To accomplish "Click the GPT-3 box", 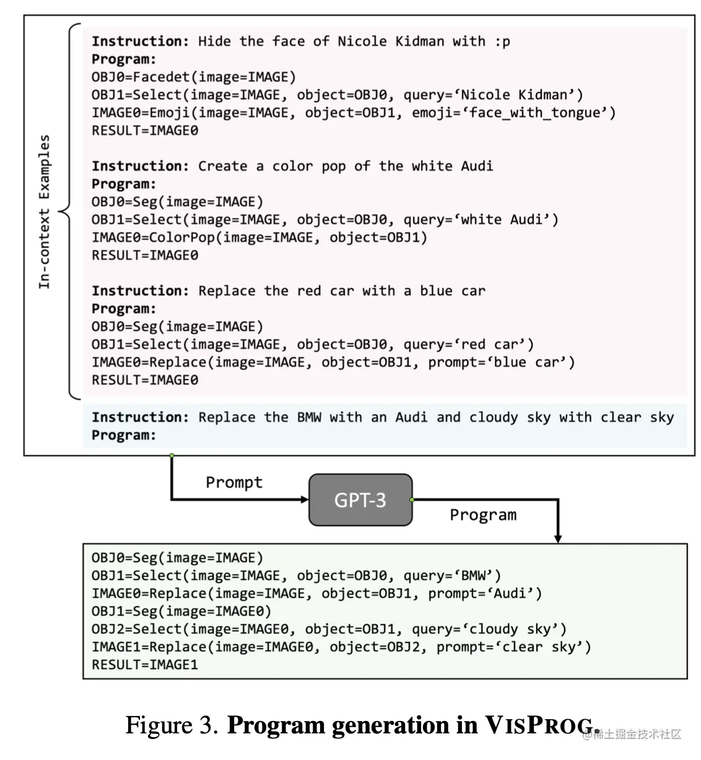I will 360,499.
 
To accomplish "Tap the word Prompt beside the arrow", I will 234,482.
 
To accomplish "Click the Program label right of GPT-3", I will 482,515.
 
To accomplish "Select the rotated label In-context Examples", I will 44,212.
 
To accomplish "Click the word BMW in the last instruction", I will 309,417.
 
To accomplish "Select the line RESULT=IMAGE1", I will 145,665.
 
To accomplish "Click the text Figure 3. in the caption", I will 172,725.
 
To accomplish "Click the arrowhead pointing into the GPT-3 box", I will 305,499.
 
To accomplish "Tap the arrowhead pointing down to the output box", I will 558,538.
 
